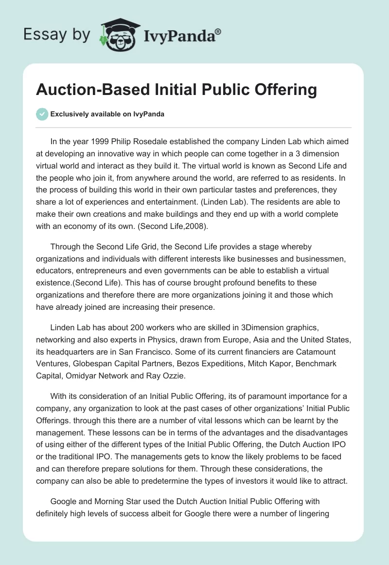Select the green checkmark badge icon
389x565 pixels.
42,114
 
